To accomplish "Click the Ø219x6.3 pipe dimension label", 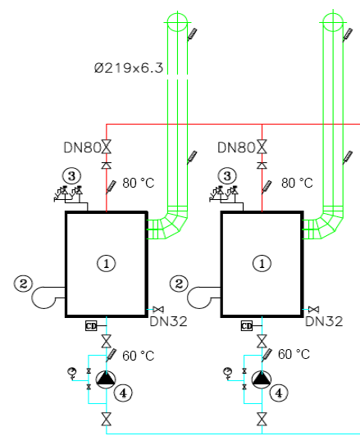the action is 129,68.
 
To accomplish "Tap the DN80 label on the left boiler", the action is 82,148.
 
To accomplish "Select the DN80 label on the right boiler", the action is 236,148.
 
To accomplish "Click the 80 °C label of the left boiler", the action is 139,183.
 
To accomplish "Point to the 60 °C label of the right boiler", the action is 294,354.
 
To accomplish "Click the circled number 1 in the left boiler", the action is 107,264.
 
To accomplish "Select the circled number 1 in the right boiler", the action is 262,264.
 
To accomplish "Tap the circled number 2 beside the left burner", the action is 23,284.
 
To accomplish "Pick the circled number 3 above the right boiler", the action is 227,176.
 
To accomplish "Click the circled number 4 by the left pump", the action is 123,393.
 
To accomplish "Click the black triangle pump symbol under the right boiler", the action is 262,379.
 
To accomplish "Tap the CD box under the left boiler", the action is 91,326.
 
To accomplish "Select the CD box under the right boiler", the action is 247,326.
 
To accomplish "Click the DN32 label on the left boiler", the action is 168,321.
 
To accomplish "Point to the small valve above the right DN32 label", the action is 314,309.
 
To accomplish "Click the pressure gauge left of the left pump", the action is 72,372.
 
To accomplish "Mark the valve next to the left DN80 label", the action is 107,147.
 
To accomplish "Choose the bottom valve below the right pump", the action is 262,419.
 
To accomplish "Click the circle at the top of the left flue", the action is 177,22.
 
